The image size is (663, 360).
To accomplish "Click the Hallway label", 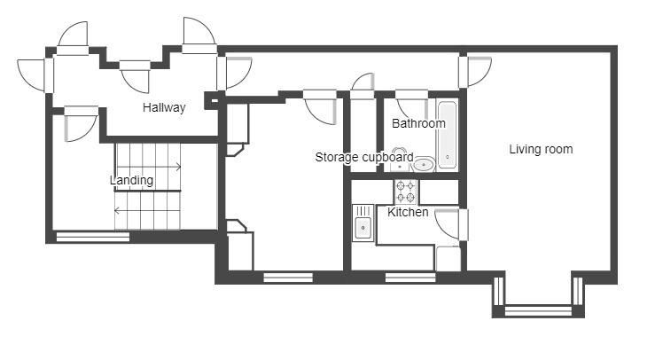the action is [x=164, y=107].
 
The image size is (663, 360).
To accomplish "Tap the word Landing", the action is [x=131, y=180].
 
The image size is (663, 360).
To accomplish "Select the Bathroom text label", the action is [x=418, y=123].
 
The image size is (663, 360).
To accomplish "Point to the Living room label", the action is [x=541, y=149].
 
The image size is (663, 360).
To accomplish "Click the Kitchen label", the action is [x=408, y=212].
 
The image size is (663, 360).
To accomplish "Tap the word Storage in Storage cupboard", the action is [x=337, y=157].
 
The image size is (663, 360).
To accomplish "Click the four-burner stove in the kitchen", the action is [x=406, y=192].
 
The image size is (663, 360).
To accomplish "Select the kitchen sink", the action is [x=363, y=223].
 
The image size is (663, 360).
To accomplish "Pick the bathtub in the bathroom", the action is [x=447, y=135].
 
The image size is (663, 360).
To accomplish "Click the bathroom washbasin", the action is [x=424, y=165].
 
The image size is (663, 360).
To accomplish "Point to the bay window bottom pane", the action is [x=538, y=311].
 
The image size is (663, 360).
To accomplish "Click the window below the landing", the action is [x=92, y=237].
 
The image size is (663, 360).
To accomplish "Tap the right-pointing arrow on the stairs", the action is [x=148, y=167].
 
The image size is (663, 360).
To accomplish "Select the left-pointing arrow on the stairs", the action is [x=147, y=210].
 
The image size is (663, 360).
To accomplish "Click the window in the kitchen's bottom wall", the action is [x=410, y=278].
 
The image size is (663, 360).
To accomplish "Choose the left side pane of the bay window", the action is [x=499, y=291].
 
